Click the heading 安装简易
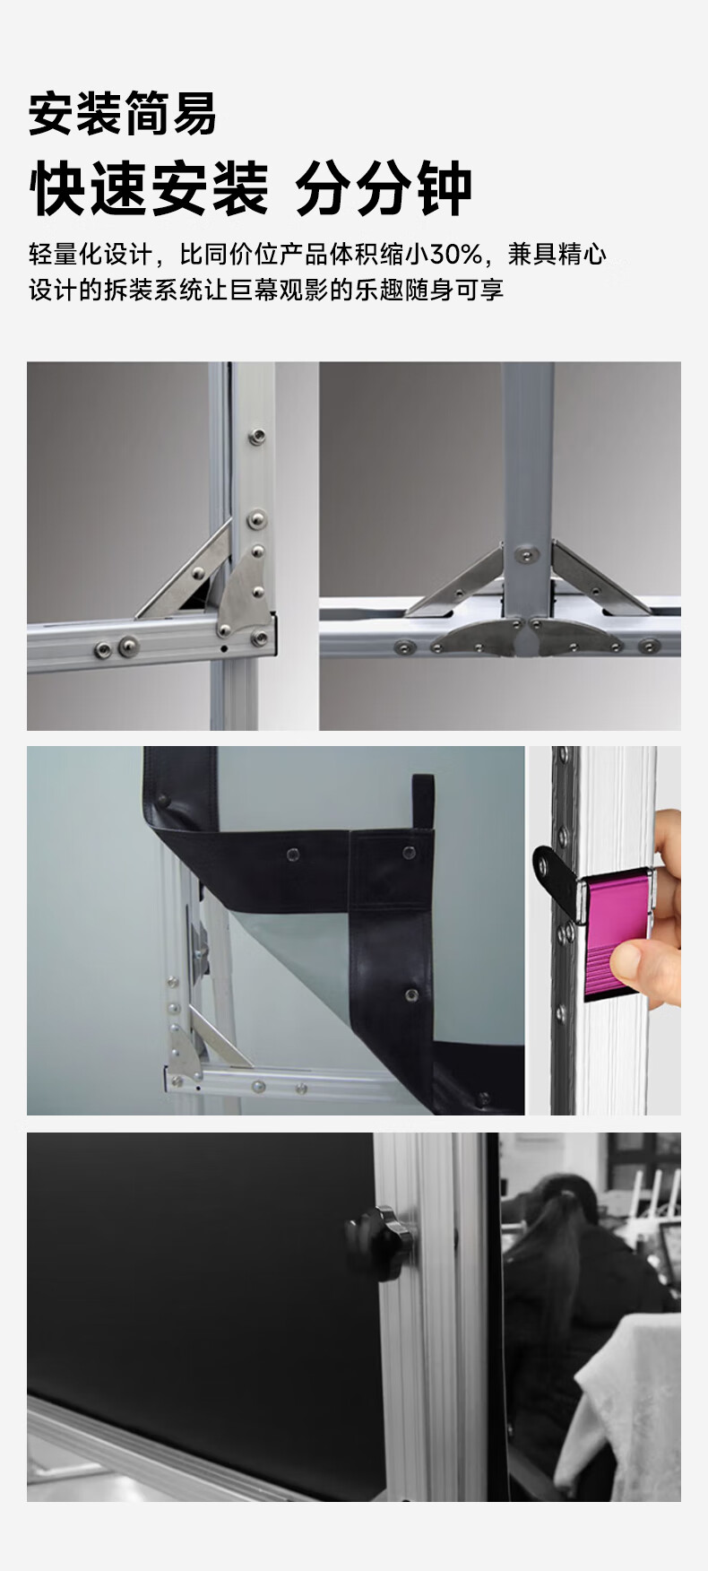[x=122, y=115]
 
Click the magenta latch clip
[x=616, y=937]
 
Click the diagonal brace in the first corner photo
[x=183, y=574]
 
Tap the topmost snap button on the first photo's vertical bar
[x=258, y=437]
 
